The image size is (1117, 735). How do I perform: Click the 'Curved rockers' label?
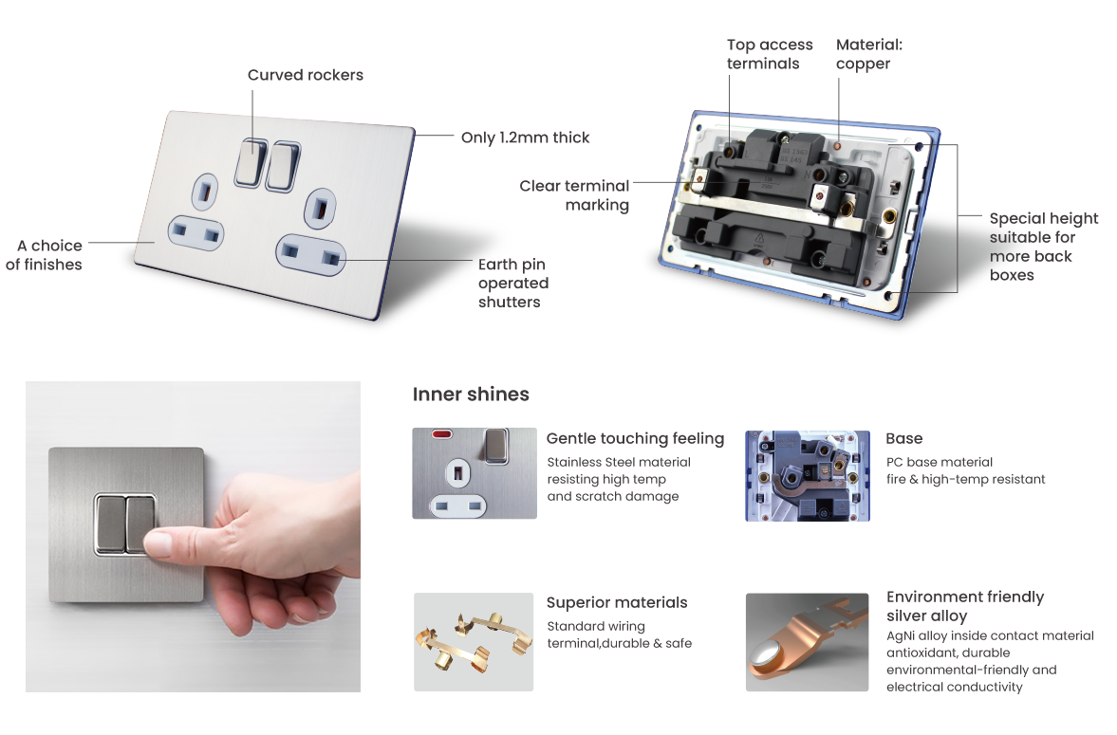click(x=305, y=75)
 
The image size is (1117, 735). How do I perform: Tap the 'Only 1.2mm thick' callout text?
click(x=525, y=138)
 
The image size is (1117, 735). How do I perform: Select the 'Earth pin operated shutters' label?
click(x=512, y=283)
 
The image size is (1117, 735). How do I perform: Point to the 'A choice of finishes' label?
click(x=45, y=255)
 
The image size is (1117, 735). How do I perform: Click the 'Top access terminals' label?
click(x=770, y=54)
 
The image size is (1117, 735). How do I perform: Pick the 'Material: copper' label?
click(x=869, y=54)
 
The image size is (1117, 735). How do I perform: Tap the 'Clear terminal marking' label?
click(x=574, y=195)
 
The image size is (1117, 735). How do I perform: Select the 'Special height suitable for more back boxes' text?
click(x=1044, y=247)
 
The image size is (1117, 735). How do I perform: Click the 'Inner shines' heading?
click(x=471, y=394)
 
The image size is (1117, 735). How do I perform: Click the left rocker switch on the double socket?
click(x=251, y=162)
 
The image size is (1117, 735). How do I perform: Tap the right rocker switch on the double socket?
click(x=283, y=167)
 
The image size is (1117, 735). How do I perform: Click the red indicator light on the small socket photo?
click(x=442, y=433)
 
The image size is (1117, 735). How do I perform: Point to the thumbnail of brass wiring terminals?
click(x=474, y=642)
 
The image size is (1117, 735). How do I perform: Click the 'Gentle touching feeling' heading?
click(x=636, y=439)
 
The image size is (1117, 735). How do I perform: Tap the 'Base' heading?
click(x=904, y=439)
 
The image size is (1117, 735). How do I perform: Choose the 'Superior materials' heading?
click(x=617, y=602)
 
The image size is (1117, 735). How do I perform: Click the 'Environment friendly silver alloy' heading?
click(x=965, y=606)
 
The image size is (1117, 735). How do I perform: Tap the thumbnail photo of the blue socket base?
click(x=807, y=476)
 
